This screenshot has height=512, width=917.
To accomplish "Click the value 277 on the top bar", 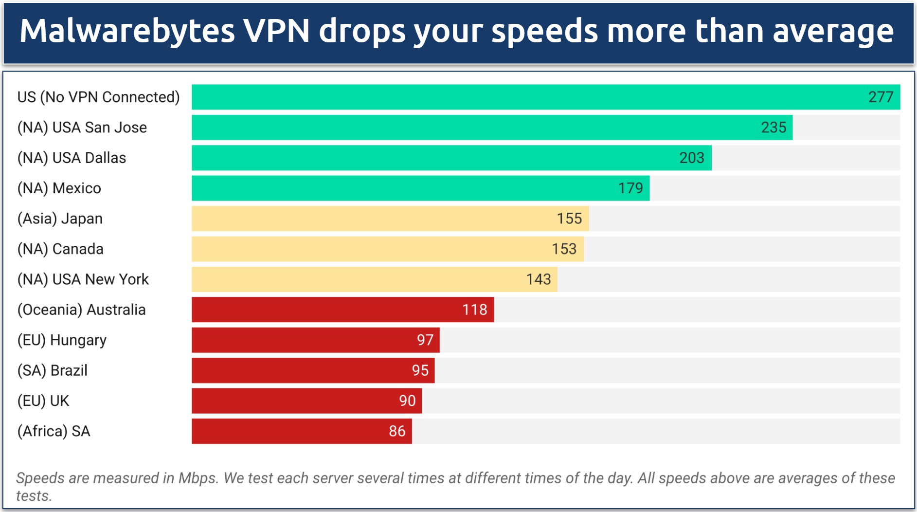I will coord(881,97).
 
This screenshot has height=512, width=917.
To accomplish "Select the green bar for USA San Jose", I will coord(491,128).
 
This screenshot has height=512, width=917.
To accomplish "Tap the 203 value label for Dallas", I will coord(691,158).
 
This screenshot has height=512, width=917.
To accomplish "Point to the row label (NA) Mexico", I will coord(59,188).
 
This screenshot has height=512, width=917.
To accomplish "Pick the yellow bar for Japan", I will coord(389,219).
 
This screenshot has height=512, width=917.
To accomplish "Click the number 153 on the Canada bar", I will coord(564,249).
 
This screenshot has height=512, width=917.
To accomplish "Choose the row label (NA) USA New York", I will coord(83,279).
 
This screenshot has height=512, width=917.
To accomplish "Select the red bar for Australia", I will coord(341,310).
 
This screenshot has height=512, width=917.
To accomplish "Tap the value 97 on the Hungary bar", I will coord(425,340).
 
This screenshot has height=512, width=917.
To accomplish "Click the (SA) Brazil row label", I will coord(53,370).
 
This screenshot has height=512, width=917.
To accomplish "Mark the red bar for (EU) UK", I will coord(306,401).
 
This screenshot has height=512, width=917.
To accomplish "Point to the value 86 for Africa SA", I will coord(397,431).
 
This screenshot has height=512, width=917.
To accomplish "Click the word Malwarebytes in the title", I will coord(127,31).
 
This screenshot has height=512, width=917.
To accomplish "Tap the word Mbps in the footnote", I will coord(197,478).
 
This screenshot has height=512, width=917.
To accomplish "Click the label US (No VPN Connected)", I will coord(99,97).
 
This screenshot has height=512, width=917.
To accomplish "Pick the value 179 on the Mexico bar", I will coord(630,188).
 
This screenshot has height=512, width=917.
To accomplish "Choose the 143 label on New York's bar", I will coord(539,279).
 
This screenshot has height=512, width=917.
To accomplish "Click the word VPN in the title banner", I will coord(276,31).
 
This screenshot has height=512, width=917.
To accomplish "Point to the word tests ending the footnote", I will coord(33,496).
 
